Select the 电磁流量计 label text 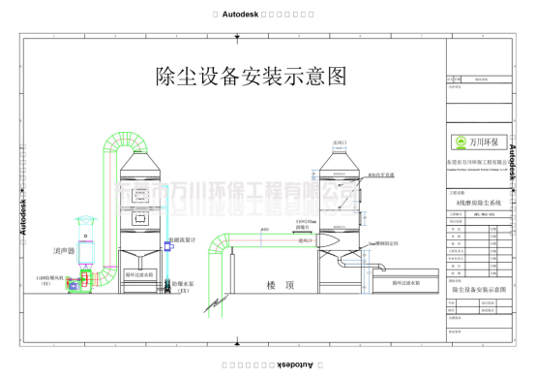(x=183, y=238)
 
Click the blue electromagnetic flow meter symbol (x=166, y=248)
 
